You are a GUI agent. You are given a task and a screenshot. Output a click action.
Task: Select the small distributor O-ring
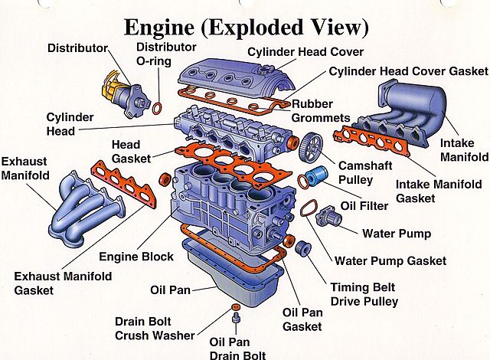click(x=156, y=106)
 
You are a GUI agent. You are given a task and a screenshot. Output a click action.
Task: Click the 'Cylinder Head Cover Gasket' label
click(x=407, y=71)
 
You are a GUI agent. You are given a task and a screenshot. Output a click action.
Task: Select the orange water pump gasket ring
click(x=308, y=208)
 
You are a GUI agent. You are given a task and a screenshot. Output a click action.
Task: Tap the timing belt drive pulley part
click(x=302, y=247)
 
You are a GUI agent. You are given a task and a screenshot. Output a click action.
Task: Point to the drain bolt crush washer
click(x=232, y=306)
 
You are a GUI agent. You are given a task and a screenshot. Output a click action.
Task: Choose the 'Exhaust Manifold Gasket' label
click(x=63, y=283)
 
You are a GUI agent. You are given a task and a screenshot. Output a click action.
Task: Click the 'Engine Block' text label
click(x=136, y=257)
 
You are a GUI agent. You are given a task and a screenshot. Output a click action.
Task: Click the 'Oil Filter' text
click(x=364, y=205)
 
